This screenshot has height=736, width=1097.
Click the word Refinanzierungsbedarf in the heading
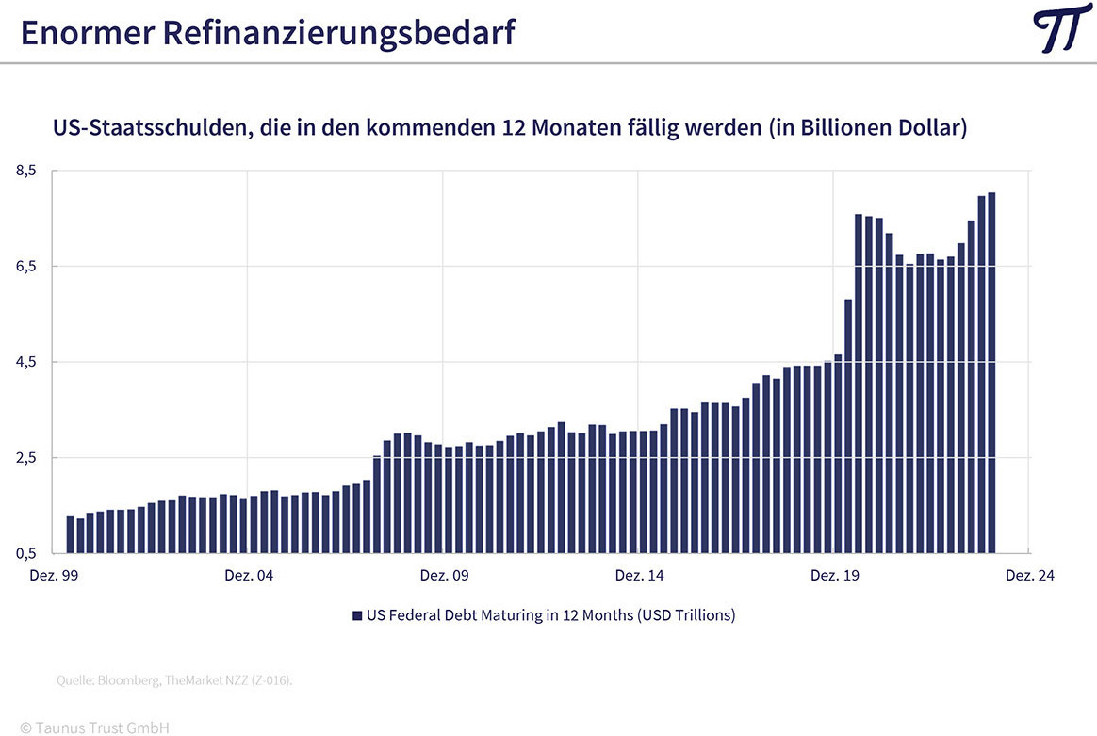[x=338, y=33]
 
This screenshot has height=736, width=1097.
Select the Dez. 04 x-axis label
[x=249, y=575]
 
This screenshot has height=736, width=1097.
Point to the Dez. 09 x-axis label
[x=444, y=575]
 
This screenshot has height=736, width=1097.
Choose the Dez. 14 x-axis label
[x=639, y=575]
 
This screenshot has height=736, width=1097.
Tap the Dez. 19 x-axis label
[x=835, y=575]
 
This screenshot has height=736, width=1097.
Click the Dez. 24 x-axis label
[x=1029, y=575]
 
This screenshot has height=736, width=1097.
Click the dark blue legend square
[x=357, y=615]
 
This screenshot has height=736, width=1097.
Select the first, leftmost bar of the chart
[x=70, y=534]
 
